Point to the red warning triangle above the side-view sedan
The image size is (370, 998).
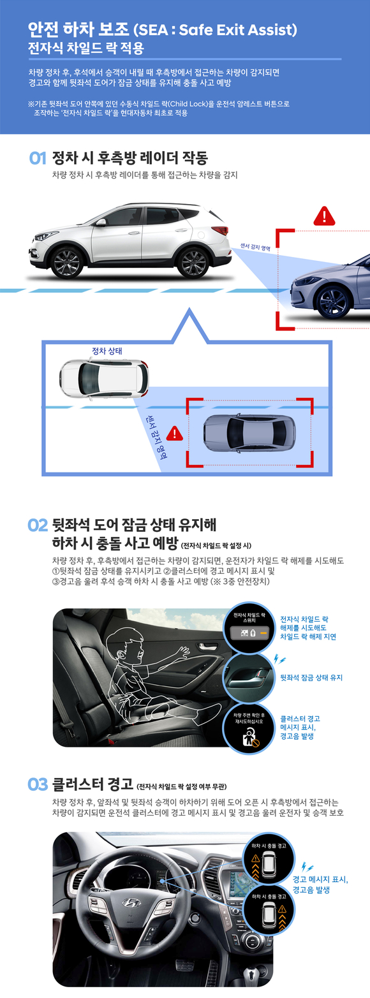(324, 216)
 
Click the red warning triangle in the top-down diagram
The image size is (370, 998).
(174, 434)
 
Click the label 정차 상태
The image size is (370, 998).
(107, 351)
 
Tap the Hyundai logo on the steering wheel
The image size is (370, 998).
(131, 903)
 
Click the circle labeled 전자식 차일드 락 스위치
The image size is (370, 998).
(249, 627)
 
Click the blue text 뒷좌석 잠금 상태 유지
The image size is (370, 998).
(311, 677)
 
